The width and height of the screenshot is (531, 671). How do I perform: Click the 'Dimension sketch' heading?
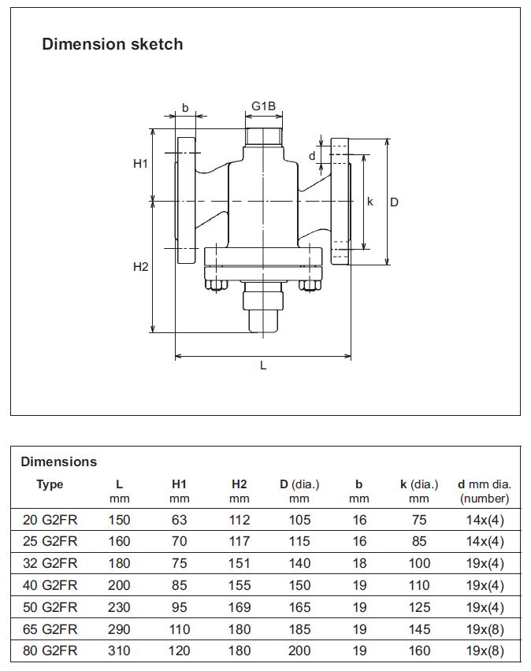coord(112,44)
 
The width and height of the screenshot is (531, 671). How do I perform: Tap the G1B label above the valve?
coord(263,106)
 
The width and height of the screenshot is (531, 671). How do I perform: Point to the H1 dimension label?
coord(140,164)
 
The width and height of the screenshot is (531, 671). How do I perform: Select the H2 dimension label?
coord(140,267)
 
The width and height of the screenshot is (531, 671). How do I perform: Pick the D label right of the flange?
coord(395,202)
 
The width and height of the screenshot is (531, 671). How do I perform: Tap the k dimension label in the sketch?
coord(370,202)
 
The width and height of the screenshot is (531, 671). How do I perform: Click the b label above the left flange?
coord(185,108)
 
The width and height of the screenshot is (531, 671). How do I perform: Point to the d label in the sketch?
coord(312,156)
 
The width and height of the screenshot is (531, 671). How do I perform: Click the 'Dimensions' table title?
coord(59,462)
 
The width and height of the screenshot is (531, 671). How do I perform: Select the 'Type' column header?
coord(50,484)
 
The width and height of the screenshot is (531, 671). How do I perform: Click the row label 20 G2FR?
coord(50,520)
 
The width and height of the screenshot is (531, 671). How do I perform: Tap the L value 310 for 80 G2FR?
coord(119,651)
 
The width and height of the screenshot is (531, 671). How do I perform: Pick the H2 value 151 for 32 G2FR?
coord(240,564)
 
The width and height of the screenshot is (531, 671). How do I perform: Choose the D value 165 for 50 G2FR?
coord(299,607)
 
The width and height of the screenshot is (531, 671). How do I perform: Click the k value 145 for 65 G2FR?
coord(419,629)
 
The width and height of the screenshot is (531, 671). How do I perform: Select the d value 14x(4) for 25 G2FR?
coord(485,542)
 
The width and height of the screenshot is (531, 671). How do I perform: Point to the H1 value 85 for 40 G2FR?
coord(179,585)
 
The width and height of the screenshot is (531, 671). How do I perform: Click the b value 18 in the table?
coord(359,564)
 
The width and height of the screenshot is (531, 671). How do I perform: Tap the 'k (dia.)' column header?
coord(419,484)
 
